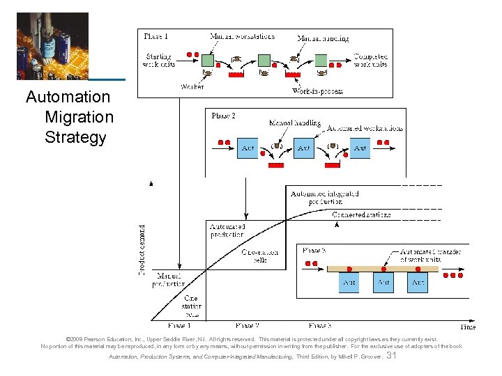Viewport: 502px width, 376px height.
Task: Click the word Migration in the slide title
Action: pos(78,117)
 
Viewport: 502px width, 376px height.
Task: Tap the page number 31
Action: pos(391,356)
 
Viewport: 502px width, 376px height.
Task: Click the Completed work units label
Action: pos(371,61)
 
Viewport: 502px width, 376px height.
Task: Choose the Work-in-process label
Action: pos(317,91)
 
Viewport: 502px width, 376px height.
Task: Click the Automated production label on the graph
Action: pos(227,230)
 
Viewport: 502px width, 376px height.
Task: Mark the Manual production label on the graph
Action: pos(170,280)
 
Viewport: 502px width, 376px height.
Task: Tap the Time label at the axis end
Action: pos(470,326)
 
